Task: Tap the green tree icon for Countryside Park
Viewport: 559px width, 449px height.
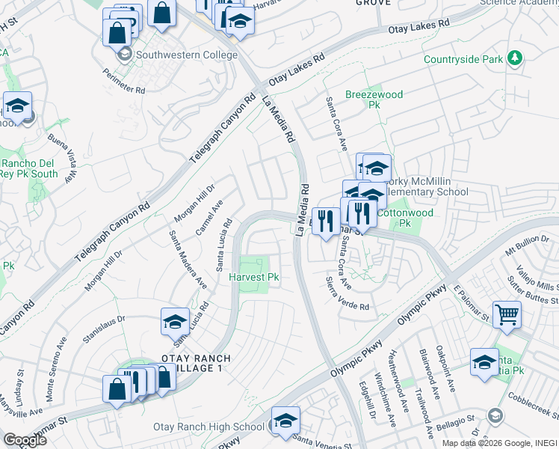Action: click(x=514, y=58)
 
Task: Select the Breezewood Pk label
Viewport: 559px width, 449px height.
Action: click(x=374, y=100)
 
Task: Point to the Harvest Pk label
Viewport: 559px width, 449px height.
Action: click(x=253, y=277)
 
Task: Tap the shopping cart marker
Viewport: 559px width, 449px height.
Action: click(x=507, y=314)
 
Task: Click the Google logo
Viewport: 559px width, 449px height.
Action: click(x=25, y=440)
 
